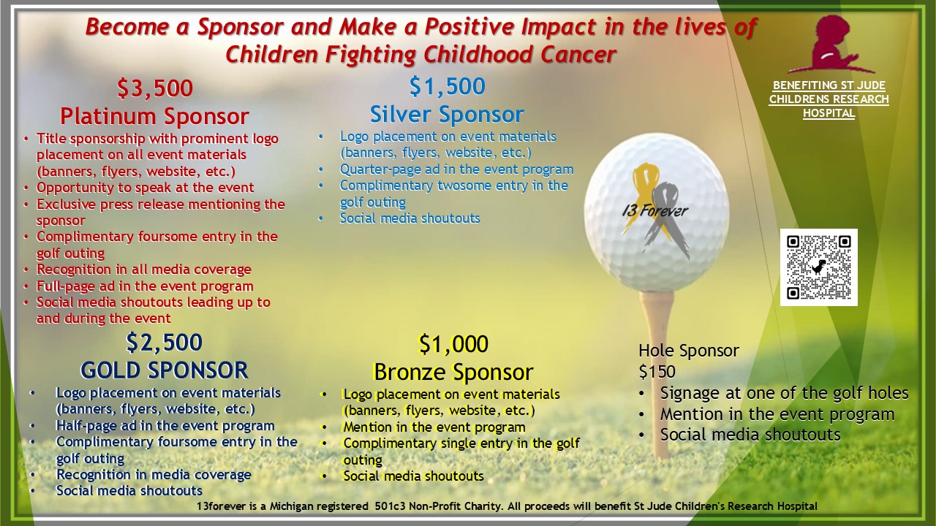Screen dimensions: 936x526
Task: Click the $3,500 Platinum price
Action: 155,88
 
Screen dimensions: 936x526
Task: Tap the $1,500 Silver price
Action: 447,86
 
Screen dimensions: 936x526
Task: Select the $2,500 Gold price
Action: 165,343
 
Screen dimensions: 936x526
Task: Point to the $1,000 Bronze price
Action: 453,344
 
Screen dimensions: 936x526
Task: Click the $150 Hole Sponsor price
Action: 657,372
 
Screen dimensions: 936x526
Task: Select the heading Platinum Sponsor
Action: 154,116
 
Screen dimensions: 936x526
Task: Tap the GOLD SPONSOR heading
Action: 165,370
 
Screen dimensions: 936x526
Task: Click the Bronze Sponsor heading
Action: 453,372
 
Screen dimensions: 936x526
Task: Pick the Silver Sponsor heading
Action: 447,115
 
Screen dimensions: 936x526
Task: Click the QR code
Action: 819,267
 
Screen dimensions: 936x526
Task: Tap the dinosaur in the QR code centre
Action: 819,267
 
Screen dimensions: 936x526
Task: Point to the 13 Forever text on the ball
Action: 654,211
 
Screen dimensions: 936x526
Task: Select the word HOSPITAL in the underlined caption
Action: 829,113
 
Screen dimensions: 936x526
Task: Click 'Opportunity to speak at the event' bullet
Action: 145,188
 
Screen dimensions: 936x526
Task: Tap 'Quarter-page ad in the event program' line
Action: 456,169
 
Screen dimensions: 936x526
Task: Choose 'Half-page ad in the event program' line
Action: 165,425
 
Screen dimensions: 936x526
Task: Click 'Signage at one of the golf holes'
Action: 785,393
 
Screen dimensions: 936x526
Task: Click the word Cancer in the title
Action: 578,55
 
